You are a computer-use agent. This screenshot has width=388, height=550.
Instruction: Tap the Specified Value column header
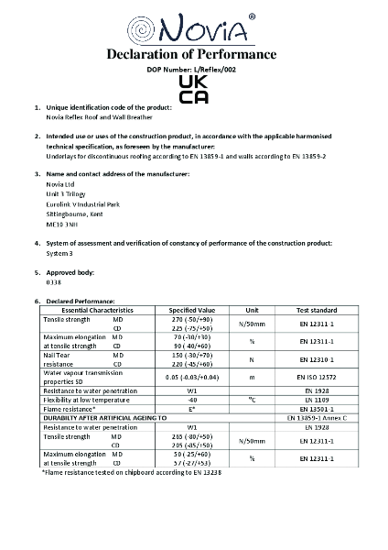192,310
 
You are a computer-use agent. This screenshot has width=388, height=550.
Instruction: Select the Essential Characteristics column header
90,310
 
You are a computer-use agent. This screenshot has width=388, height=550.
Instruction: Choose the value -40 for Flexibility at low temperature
192,399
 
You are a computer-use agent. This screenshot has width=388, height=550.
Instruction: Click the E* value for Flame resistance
192,407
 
